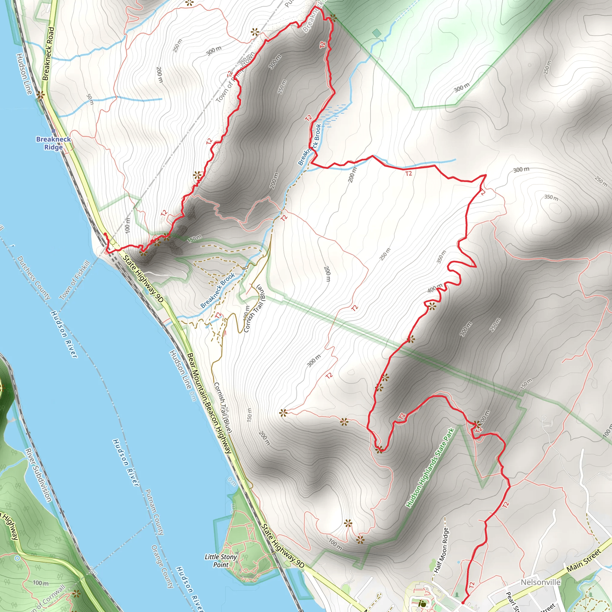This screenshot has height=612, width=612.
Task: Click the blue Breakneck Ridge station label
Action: [x=53, y=143]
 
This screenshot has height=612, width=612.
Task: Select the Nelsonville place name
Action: [x=540, y=582]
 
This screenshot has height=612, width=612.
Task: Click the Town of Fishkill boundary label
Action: [x=75, y=280]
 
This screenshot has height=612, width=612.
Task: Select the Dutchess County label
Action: [x=33, y=278]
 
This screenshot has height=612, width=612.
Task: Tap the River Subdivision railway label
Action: [x=38, y=475]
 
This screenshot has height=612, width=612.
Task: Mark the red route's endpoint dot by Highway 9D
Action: [x=105, y=234]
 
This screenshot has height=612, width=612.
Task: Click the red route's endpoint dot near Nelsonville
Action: [x=463, y=602]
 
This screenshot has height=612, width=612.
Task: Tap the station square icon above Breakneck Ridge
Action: [x=53, y=131]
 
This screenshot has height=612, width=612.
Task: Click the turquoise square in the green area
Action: [x=377, y=33]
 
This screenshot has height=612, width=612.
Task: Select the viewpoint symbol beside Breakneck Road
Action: [x=40, y=95]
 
